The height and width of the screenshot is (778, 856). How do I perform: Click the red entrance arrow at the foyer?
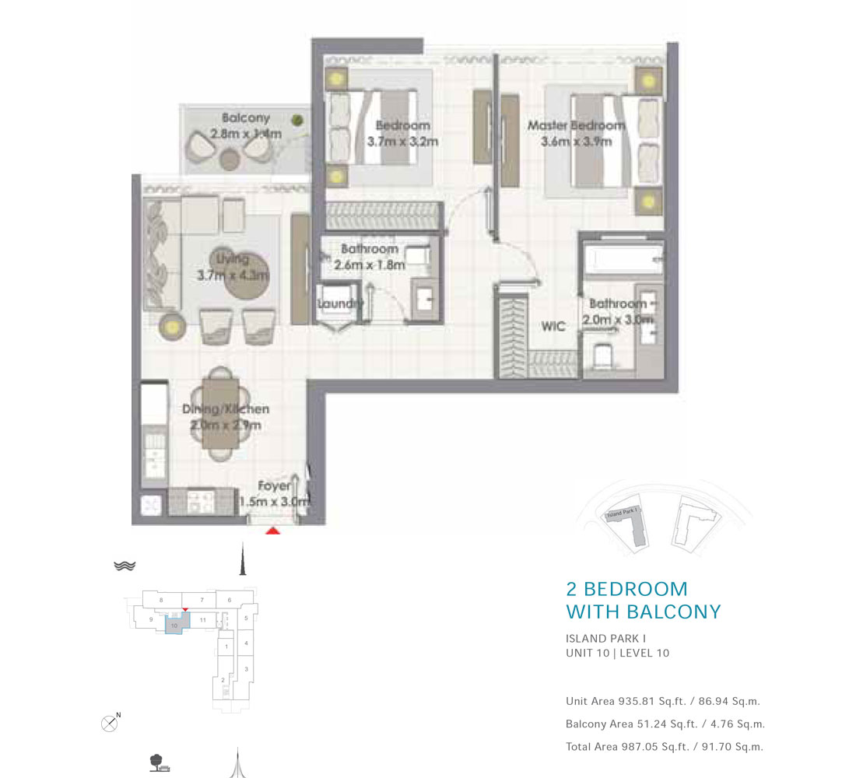pos(273,531)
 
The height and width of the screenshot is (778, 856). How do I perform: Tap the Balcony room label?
pos(246,118)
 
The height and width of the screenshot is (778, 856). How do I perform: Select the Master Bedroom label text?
pos(576,125)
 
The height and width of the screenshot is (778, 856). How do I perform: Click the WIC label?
pos(553,327)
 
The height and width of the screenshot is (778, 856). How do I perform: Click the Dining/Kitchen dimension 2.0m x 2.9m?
pos(226,425)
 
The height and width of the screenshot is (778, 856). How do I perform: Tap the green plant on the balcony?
pos(297,120)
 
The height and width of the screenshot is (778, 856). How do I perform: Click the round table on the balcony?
pos(230,159)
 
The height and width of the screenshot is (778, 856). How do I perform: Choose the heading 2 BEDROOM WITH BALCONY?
pos(643,600)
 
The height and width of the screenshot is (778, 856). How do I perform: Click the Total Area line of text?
pos(664,747)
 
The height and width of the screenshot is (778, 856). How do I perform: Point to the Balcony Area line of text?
pos(665,724)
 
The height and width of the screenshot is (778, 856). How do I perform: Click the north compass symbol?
pos(111,724)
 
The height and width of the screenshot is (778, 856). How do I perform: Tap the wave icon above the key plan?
pos(125,566)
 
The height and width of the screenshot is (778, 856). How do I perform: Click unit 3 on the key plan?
pos(246,669)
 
